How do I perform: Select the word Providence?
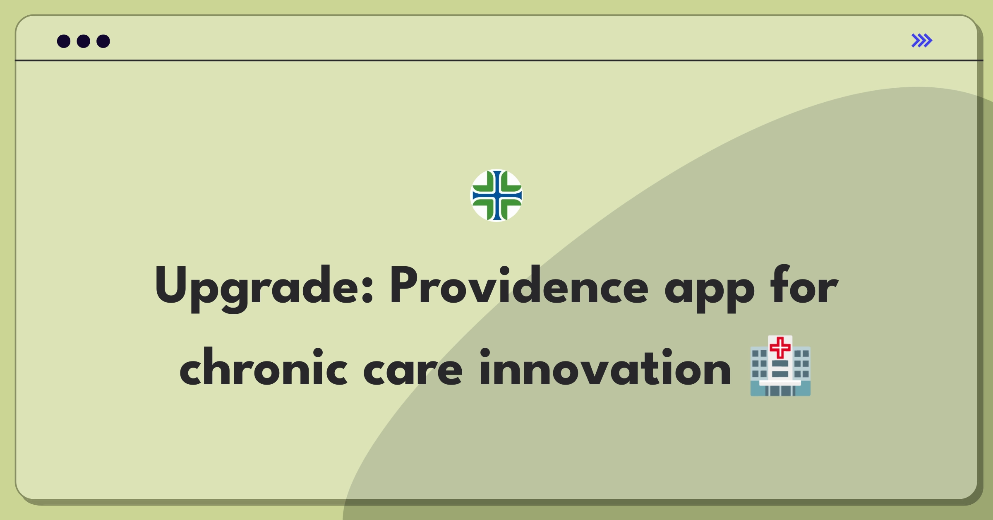[519, 286]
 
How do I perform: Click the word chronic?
[263, 368]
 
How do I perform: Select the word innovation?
[605, 368]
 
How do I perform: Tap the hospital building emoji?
[780, 366]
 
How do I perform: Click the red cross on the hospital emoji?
[780, 347]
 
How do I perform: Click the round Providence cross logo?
[496, 195]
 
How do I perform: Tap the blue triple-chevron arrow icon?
[921, 41]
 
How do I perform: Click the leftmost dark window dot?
[64, 41]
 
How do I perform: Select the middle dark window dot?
[84, 41]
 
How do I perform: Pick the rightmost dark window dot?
[103, 41]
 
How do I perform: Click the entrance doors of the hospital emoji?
[780, 390]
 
